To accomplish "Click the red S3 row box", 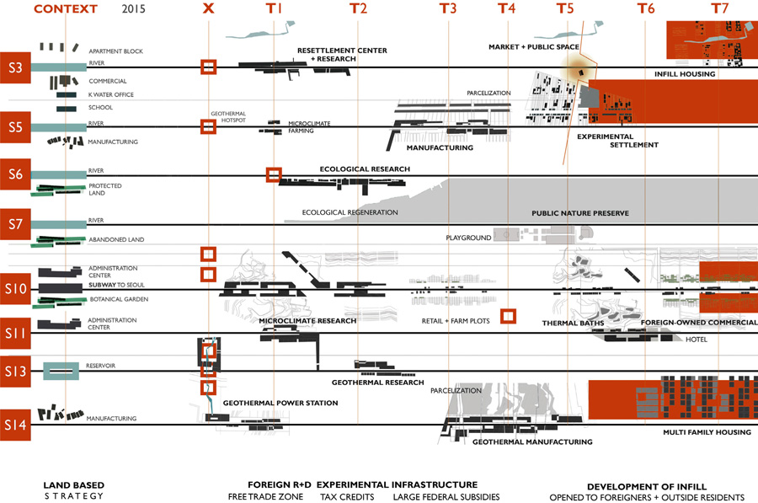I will [15, 67].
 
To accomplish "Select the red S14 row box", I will [15, 425].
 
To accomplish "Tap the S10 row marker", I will [15, 289].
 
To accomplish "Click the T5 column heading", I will [565, 9].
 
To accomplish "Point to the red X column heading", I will [209, 9].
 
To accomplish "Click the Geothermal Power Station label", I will [280, 404].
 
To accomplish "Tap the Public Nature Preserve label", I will [580, 214].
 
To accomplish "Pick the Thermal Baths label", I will [569, 323].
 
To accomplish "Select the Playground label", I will [468, 238].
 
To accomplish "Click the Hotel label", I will [696, 340].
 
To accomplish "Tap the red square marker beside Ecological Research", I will [273, 175].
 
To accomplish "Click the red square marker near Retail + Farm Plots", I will [507, 316].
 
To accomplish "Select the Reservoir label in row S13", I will [100, 366].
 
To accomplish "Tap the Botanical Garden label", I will [119, 299].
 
